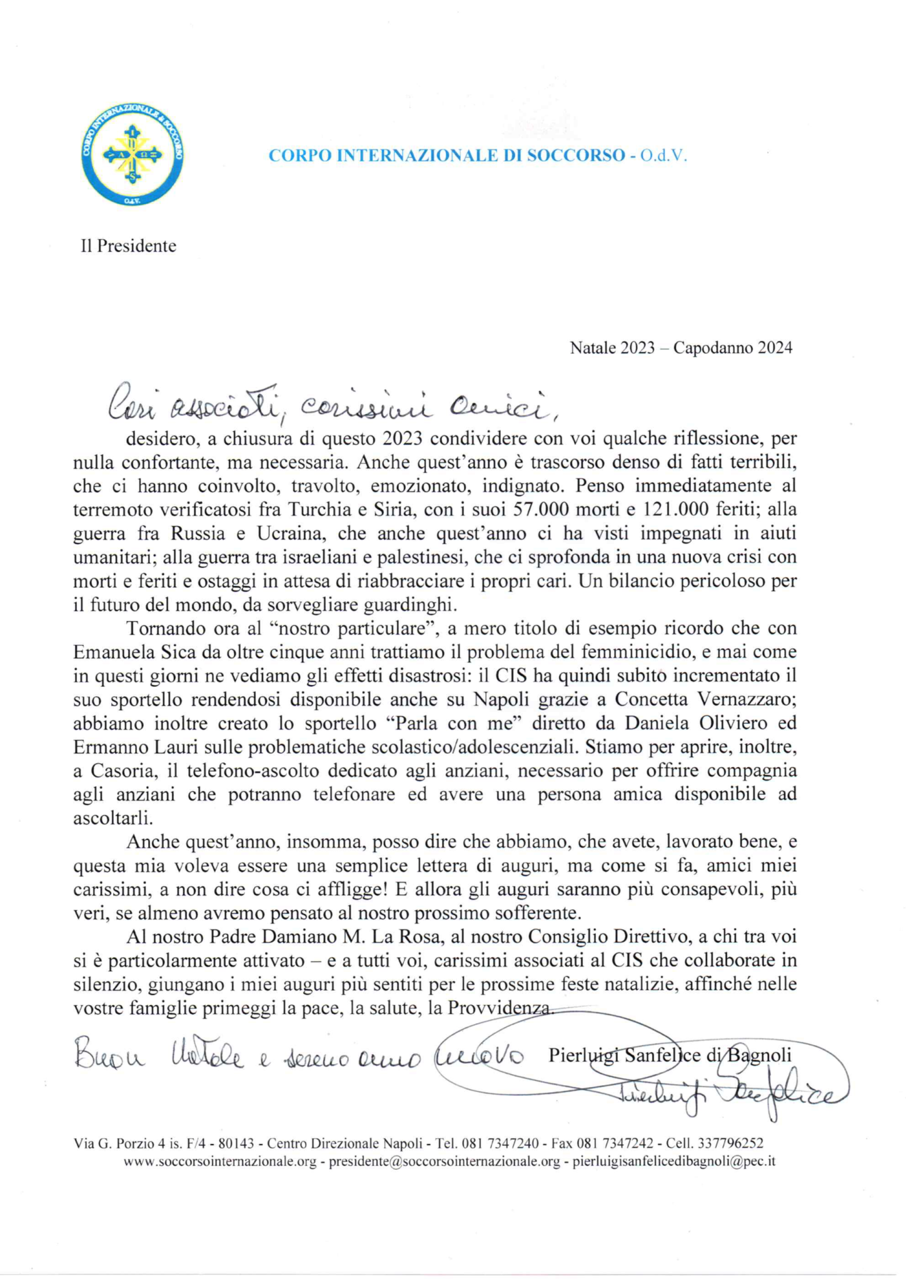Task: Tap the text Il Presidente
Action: [129, 246]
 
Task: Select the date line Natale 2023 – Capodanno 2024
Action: [681, 348]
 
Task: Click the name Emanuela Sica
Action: [133, 652]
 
